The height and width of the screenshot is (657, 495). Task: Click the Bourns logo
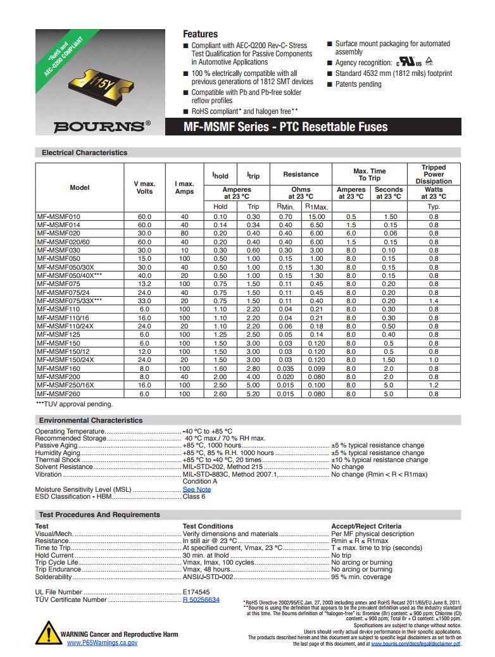(101, 126)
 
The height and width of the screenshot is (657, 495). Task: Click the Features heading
(200, 34)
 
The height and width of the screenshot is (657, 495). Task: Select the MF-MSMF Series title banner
(285, 127)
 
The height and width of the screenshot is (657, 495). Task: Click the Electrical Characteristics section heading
(84, 153)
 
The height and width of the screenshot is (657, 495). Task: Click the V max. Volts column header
(145, 187)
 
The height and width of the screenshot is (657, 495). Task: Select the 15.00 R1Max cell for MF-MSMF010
(316, 217)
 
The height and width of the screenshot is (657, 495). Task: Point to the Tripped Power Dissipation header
(434, 175)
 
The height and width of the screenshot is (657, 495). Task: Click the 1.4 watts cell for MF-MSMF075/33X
(434, 301)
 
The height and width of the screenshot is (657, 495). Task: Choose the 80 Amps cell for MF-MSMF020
(184, 234)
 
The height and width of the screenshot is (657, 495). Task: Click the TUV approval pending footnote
(74, 404)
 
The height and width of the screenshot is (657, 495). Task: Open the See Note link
(197, 489)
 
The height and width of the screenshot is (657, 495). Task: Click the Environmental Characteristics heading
(91, 420)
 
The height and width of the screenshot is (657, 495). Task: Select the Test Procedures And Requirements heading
(99, 515)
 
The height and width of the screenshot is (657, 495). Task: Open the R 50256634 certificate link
(201, 599)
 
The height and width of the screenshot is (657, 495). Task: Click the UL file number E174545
(196, 592)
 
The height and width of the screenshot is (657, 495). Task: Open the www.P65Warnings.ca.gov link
(102, 642)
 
